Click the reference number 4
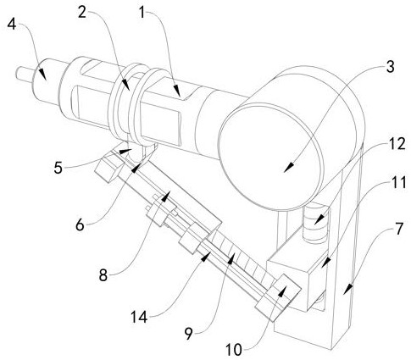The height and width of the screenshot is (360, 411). (x=12, y=25)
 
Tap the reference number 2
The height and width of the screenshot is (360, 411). (x=82, y=13)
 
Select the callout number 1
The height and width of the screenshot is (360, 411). (x=142, y=13)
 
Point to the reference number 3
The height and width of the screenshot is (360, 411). (x=390, y=67)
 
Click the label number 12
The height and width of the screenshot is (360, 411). (x=397, y=144)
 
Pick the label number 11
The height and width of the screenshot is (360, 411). (x=397, y=183)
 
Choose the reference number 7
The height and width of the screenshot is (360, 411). (x=398, y=229)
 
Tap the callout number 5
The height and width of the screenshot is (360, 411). (x=58, y=168)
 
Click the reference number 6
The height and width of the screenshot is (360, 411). (x=80, y=225)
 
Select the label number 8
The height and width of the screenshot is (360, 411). (x=103, y=274)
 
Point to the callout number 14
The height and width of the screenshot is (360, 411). (x=139, y=318)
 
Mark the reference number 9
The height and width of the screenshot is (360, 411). (x=189, y=334)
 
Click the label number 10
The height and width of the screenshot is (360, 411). (x=234, y=350)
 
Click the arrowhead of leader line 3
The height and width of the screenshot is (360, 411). (x=288, y=168)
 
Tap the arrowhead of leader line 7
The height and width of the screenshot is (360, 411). (x=349, y=288)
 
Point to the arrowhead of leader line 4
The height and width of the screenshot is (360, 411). (x=42, y=75)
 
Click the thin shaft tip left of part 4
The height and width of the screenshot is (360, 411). (x=17, y=73)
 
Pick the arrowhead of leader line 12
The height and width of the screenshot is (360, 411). (x=318, y=221)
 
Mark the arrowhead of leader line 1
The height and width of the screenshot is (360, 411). (x=178, y=92)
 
